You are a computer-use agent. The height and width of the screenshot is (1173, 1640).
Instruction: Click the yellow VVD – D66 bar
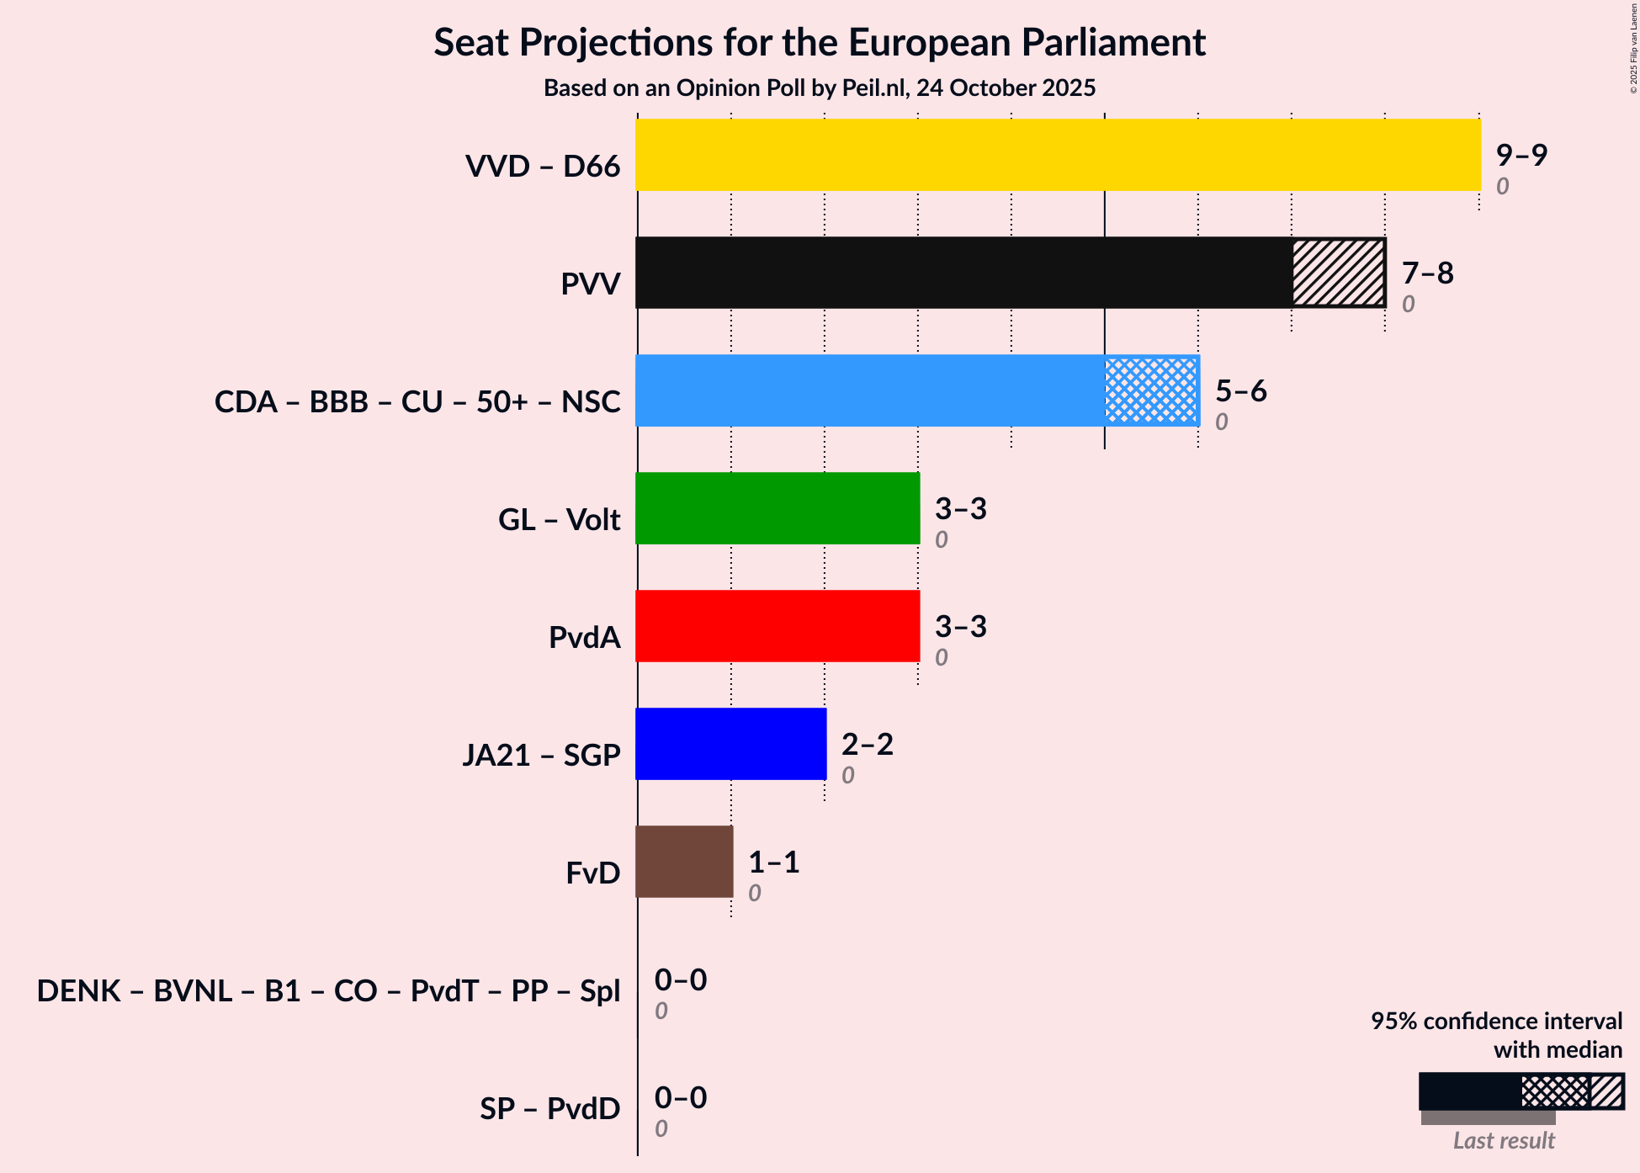coord(1058,155)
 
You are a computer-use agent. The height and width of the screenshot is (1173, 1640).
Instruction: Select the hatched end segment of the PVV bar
coord(1338,273)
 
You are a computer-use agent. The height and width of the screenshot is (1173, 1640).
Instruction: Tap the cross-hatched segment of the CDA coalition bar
coord(1151,390)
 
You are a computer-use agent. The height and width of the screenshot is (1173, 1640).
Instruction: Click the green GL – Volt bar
coord(778,508)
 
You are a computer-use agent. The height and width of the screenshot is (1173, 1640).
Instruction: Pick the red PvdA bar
coord(778,626)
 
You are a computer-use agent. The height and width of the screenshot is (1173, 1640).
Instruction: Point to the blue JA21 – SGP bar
coord(730,744)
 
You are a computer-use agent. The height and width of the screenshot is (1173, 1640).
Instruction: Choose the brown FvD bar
coord(684,862)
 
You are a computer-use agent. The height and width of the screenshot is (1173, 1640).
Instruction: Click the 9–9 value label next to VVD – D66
coord(1521,156)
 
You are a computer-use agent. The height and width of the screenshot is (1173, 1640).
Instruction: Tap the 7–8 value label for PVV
coord(1427,273)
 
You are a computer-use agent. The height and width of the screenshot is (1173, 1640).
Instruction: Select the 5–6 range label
coord(1240,391)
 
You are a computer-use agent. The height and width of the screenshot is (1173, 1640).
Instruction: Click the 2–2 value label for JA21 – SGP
coord(867,745)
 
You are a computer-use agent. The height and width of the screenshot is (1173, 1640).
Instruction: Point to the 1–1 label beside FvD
coord(773,862)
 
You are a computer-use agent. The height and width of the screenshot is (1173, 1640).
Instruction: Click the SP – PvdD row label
coord(549,1109)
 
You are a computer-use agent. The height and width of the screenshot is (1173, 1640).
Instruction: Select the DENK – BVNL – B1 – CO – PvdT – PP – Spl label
coord(328,991)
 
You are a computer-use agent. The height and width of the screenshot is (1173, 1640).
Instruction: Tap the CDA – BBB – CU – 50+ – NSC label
coord(417,402)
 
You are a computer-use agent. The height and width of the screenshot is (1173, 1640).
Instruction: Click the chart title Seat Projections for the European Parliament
coord(820,43)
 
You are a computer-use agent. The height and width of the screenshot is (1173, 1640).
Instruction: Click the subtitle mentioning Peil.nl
coord(820,88)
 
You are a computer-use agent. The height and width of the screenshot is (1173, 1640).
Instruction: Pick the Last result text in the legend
coord(1504,1141)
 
